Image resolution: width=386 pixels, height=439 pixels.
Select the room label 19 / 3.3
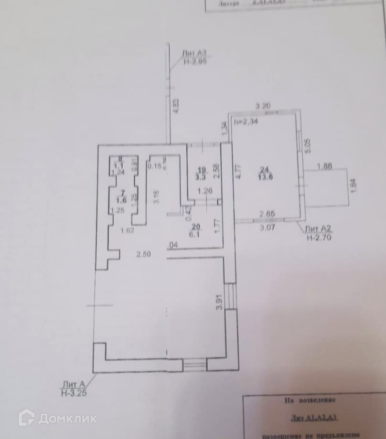click(x=202, y=173)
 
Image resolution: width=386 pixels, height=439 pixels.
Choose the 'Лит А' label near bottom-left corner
click(x=72, y=384)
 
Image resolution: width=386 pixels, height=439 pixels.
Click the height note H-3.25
click(x=74, y=393)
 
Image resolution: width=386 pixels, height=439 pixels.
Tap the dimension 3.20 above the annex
click(x=264, y=105)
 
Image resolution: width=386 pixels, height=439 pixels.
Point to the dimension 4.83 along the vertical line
click(x=176, y=105)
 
